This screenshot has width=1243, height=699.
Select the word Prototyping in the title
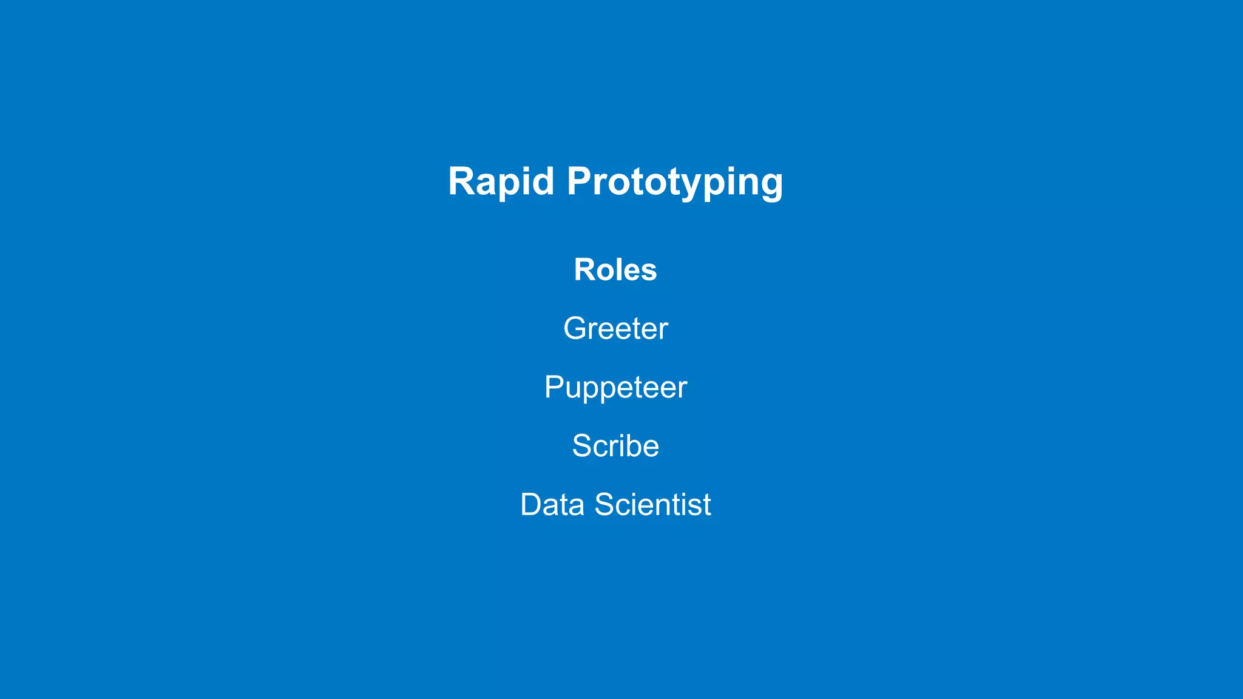pos(675,181)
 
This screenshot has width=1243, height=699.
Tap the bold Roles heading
pos(615,270)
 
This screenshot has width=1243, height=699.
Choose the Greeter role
pos(615,329)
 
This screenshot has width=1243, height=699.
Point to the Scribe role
pos(615,446)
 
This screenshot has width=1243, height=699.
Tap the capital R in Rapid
pos(461,181)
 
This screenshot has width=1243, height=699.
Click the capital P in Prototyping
pos(581,181)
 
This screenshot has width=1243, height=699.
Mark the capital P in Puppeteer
pos(554,387)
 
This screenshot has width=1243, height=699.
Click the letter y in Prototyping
pos(695,184)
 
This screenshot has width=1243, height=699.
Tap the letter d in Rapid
pos(543,181)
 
